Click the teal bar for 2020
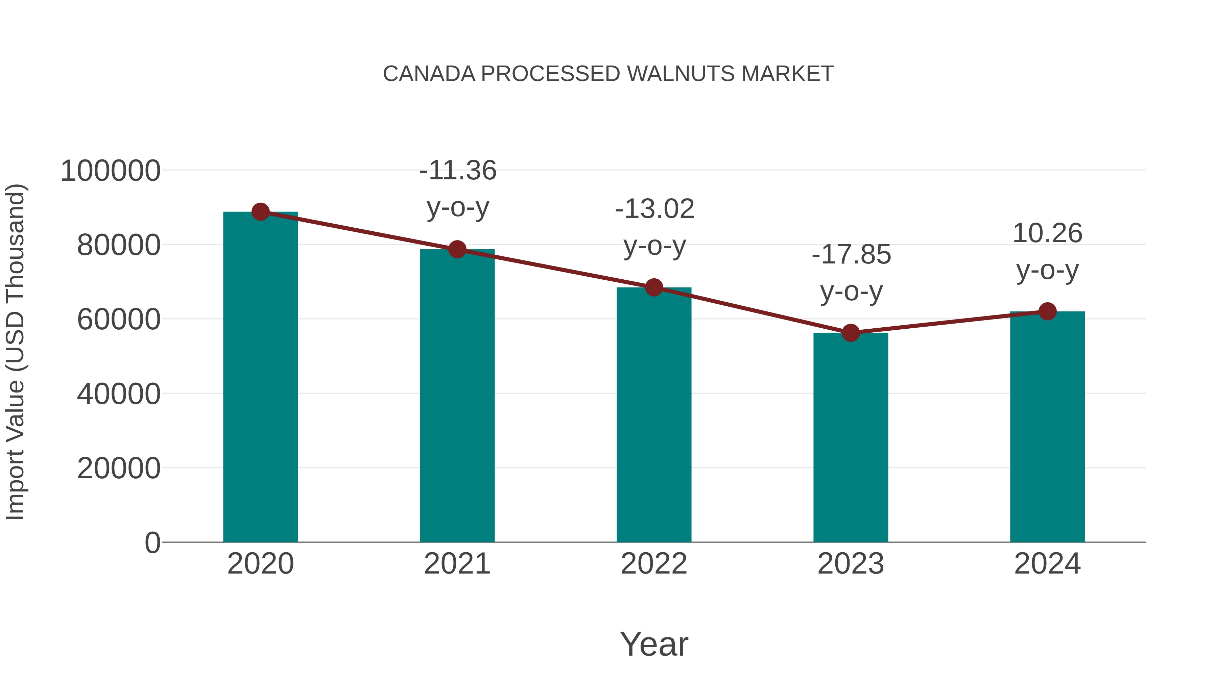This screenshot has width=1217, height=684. [260, 378]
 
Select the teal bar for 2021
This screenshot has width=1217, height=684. [457, 397]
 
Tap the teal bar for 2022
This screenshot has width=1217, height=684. [654, 415]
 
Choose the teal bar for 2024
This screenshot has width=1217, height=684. [1047, 427]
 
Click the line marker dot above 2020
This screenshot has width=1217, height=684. [260, 212]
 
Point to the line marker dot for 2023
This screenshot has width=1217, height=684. [851, 333]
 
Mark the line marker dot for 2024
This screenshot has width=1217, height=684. [1047, 311]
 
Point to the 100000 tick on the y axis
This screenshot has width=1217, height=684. [111, 171]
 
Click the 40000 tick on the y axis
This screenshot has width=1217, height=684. [119, 394]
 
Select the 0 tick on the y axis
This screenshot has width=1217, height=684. [152, 543]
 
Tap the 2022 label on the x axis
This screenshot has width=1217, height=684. [654, 564]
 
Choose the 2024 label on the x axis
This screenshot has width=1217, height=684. [1047, 564]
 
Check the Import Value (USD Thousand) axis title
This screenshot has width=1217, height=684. [15, 352]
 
